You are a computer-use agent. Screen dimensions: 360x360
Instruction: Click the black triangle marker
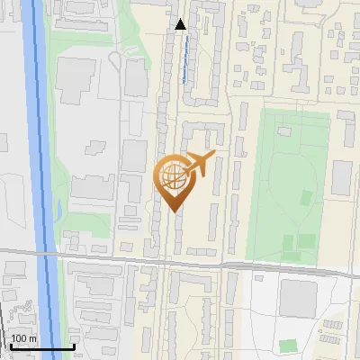pos(181,24)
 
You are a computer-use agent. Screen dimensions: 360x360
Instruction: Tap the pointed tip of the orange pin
pos(174,211)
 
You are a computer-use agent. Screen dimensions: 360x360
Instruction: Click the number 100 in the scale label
pos(18,338)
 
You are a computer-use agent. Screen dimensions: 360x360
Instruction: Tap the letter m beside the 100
pos(32,338)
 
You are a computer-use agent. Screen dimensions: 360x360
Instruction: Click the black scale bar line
pos(41,346)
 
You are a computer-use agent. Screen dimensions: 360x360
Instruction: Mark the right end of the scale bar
pos(74,346)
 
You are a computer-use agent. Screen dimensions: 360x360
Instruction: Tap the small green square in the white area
pos(287,346)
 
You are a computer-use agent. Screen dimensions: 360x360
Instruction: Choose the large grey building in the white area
pos(297,297)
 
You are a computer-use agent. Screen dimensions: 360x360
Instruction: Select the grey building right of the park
pos(341,178)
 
